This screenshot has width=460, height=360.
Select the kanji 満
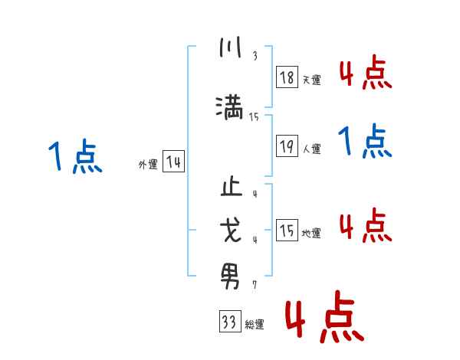(230, 106)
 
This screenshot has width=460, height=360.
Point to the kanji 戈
(230, 230)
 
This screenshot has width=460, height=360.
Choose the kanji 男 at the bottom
(230, 272)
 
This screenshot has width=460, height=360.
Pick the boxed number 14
(173, 162)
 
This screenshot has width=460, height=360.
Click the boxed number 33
(228, 322)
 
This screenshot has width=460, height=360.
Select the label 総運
(255, 325)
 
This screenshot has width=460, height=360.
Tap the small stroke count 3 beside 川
(255, 56)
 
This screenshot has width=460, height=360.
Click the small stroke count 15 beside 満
(254, 117)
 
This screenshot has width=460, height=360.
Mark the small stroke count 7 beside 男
(255, 284)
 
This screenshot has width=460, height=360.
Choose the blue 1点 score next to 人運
(365, 142)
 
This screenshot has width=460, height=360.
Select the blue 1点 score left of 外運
(75, 158)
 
